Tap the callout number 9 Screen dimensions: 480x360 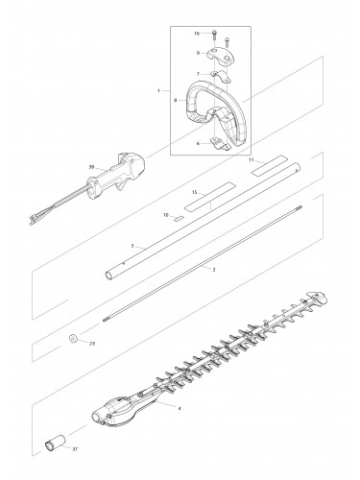click(x=199, y=54)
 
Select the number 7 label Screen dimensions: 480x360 click(x=199, y=73)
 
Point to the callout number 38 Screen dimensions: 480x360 click(x=91, y=167)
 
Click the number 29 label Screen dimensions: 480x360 click(x=91, y=343)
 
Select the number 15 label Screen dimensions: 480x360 click(x=193, y=192)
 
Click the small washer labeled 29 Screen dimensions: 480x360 click(x=72, y=338)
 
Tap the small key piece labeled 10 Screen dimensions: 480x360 click(x=180, y=218)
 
